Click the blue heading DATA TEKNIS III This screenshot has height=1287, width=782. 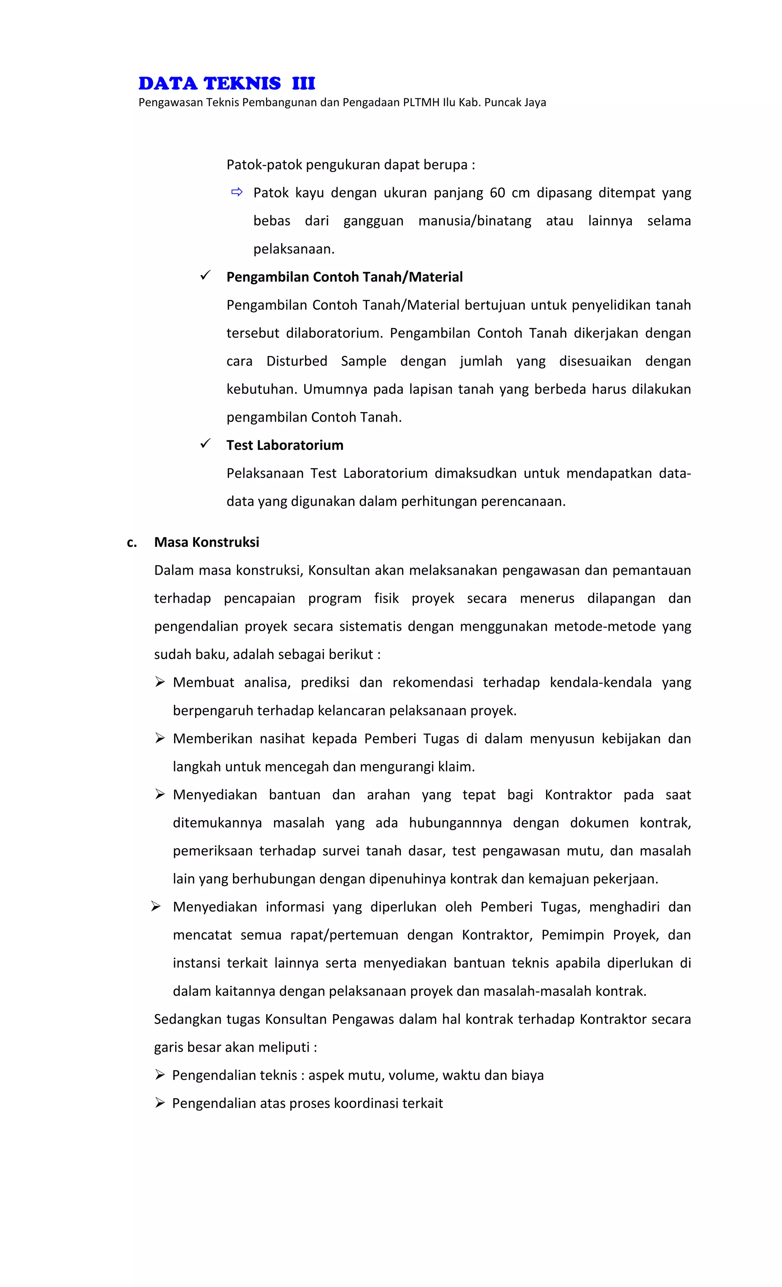pyautogui.click(x=226, y=83)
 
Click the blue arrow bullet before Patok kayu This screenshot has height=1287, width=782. pyautogui.click(x=237, y=192)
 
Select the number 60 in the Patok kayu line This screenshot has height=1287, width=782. pyautogui.click(x=497, y=193)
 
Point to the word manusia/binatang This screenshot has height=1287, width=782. pyautogui.click(x=474, y=221)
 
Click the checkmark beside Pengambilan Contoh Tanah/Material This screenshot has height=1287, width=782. pyautogui.click(x=205, y=275)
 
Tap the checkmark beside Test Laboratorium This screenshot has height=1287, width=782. pyautogui.click(x=205, y=443)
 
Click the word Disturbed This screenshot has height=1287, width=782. pyautogui.click(x=296, y=361)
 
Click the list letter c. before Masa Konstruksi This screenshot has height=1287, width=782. pyautogui.click(x=132, y=542)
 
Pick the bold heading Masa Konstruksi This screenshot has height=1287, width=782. pyautogui.click(x=207, y=542)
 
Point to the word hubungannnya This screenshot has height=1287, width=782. pyautogui.click(x=455, y=823)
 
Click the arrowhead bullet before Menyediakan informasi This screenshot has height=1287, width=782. pyautogui.click(x=156, y=906)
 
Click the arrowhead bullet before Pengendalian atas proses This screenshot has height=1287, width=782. pyautogui.click(x=160, y=1103)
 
